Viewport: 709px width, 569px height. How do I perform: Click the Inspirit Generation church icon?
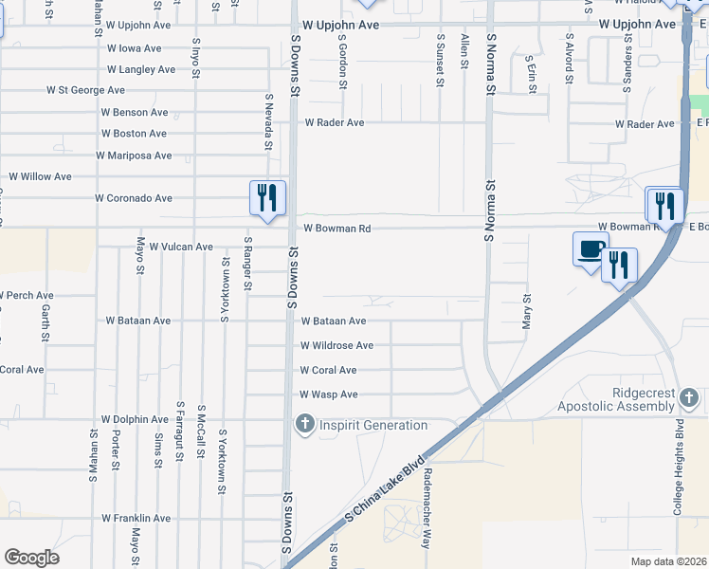tap(304, 424)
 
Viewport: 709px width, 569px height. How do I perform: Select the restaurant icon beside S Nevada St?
tap(267, 198)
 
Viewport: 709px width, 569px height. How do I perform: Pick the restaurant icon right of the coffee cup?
tap(619, 265)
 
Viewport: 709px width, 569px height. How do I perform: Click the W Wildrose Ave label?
tap(336, 346)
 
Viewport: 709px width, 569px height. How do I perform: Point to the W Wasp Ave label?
tap(329, 395)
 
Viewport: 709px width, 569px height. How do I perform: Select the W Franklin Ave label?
tap(136, 519)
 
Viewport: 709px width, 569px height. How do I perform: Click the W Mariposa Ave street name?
tap(134, 156)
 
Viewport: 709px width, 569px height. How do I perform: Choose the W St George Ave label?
tap(85, 90)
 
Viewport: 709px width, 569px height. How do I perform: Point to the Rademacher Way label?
tap(427, 496)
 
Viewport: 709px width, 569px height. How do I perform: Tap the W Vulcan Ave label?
tap(181, 247)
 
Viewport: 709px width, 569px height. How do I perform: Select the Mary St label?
tap(527, 311)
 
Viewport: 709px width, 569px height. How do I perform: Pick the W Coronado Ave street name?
tap(134, 198)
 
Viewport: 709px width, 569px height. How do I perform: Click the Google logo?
tap(31, 558)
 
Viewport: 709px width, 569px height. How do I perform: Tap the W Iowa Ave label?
tap(134, 47)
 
